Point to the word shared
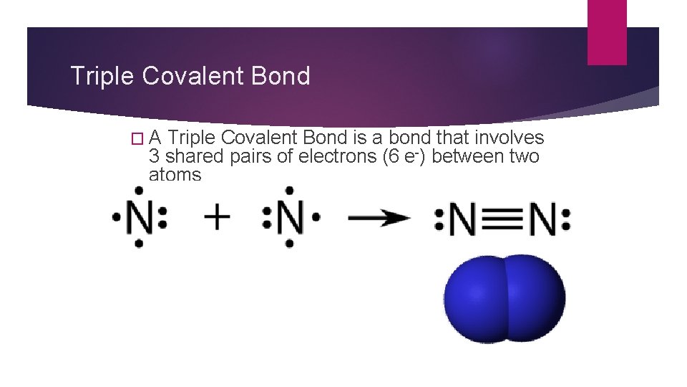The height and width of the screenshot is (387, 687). click(193, 156)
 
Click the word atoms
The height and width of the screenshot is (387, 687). click(175, 174)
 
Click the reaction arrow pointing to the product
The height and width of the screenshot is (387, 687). click(380, 218)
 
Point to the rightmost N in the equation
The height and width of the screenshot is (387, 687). click(543, 219)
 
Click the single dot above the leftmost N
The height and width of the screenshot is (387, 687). click(138, 191)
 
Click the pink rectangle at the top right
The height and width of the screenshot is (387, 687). click(606, 32)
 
